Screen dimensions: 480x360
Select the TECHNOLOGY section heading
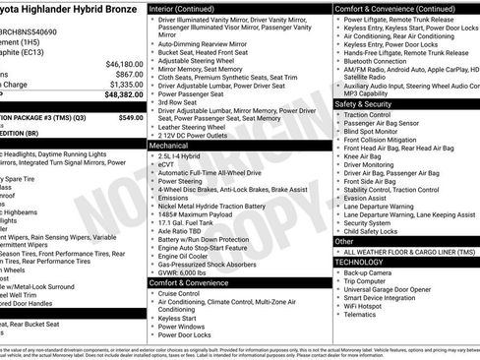click(361, 262)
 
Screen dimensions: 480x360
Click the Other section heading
click(344, 241)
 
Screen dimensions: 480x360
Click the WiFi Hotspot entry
click(371, 307)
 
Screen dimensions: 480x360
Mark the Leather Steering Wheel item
click(197, 126)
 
